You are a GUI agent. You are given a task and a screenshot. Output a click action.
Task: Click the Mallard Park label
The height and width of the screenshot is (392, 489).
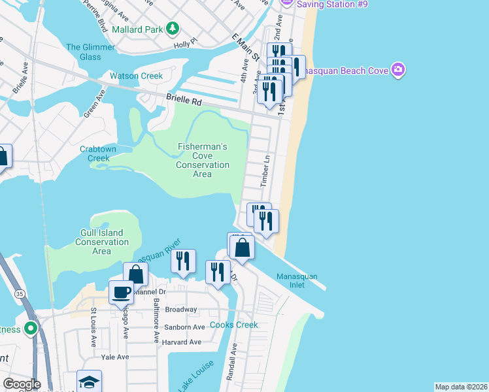pyautogui.click(x=137, y=29)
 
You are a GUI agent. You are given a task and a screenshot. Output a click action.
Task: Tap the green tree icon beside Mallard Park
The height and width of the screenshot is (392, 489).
pyautogui.click(x=173, y=28)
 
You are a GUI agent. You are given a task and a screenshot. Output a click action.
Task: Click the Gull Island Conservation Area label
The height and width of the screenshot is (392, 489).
pyautogui.click(x=102, y=242)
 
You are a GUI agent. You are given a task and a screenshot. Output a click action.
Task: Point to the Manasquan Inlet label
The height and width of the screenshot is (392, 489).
pyautogui.click(x=296, y=281)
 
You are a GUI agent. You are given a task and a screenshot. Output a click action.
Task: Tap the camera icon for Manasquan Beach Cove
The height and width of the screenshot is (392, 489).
pyautogui.click(x=398, y=70)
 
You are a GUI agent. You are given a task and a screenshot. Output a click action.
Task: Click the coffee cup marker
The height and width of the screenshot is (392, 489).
pyautogui.click(x=120, y=291)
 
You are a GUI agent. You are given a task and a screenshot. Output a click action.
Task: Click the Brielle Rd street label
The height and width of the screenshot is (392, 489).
pyautogui.click(x=184, y=101)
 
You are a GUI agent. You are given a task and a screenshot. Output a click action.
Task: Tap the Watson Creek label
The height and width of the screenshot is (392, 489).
pyautogui.click(x=136, y=76)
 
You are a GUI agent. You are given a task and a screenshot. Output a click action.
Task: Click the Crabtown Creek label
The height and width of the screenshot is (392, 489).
pyautogui.click(x=98, y=154)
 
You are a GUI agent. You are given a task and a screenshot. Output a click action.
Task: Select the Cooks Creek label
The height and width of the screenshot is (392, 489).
pyautogui.click(x=234, y=325)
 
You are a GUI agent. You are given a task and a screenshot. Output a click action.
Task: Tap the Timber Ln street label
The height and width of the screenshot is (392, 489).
pyautogui.click(x=265, y=172)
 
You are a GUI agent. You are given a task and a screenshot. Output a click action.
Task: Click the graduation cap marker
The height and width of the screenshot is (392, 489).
pyautogui.click(x=89, y=382)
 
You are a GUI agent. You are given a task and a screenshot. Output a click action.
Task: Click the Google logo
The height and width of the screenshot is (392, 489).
pyautogui.click(x=22, y=384)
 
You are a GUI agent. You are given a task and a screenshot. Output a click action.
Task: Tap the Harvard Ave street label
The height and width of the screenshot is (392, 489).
pyautogui.click(x=182, y=342)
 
